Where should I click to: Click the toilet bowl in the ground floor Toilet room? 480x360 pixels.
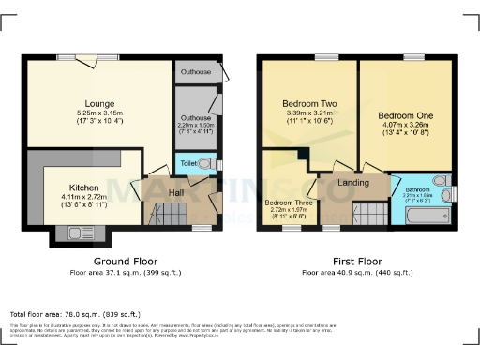pos(216,164)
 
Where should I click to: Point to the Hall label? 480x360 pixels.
pos(175,193)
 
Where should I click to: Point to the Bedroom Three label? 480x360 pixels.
pos(288,202)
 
